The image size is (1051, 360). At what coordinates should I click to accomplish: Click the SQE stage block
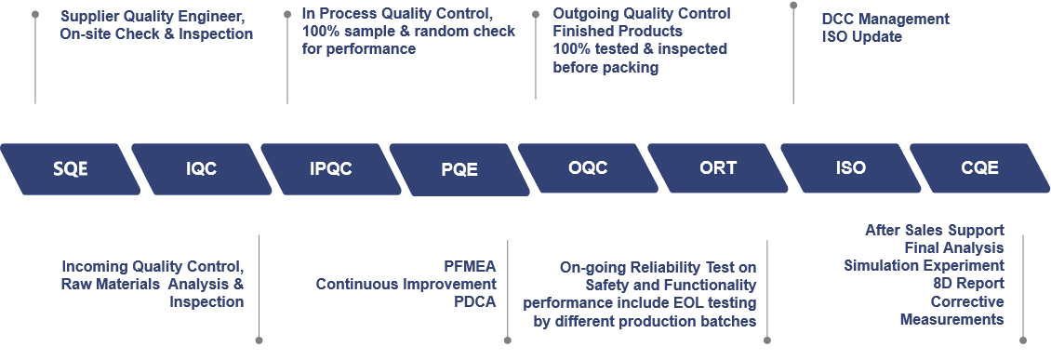(71, 169)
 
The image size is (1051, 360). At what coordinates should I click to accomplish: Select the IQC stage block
(201, 169)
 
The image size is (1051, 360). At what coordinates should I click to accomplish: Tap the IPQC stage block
(330, 169)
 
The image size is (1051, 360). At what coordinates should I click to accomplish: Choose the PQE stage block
(459, 169)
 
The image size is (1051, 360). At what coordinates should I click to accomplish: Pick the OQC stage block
(588, 168)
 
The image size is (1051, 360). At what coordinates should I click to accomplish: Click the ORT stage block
(718, 168)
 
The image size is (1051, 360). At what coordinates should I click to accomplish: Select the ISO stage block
(851, 168)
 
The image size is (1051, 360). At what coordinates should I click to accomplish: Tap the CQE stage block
(980, 168)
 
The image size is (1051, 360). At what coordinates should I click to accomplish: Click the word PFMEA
(469, 266)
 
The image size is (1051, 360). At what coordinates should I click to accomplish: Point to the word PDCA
(474, 301)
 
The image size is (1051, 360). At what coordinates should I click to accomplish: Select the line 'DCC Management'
(885, 19)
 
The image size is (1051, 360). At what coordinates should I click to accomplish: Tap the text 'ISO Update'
(861, 37)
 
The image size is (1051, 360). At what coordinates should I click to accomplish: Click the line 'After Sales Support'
(935, 230)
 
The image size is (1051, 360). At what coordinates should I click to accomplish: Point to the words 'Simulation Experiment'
(924, 265)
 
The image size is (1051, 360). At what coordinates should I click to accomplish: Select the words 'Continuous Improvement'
(406, 284)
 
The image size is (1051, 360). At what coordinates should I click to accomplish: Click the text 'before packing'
(605, 67)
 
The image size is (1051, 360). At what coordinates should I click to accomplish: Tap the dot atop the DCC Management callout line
(793, 6)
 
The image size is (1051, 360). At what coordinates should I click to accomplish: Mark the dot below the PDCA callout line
(508, 340)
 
